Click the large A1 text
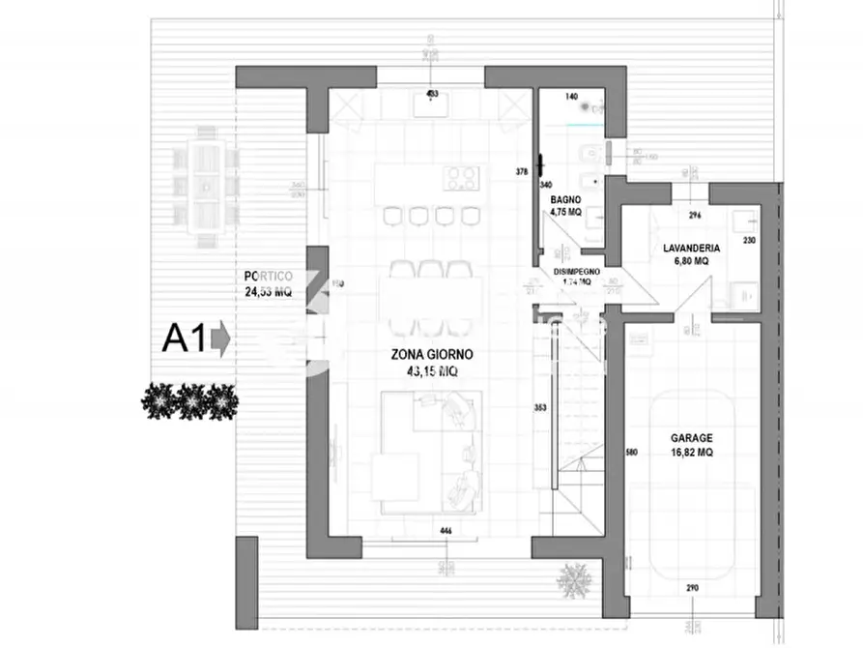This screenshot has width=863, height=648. pos(183,339)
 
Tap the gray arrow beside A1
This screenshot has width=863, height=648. pos(219,339)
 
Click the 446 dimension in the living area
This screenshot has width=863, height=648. pos(446,531)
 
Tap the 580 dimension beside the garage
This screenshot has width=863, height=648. pos(631,453)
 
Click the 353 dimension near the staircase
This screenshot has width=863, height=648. pos(540,408)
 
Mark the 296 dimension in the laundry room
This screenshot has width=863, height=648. pos(693,217)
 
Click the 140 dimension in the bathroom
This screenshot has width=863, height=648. pos(570,98)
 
